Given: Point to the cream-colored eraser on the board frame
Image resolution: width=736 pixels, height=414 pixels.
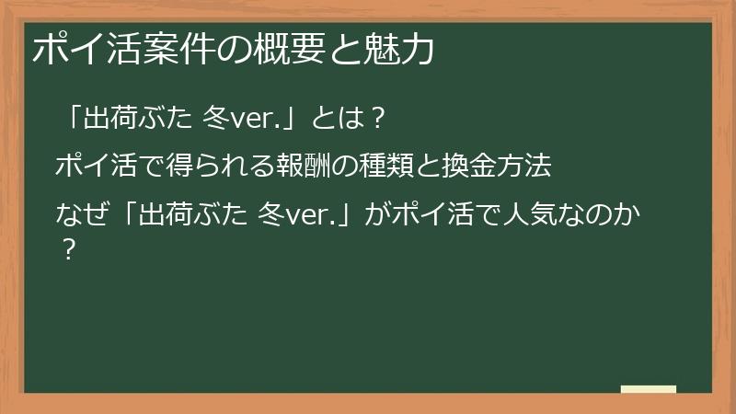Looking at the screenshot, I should pyautogui.click(x=649, y=389).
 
